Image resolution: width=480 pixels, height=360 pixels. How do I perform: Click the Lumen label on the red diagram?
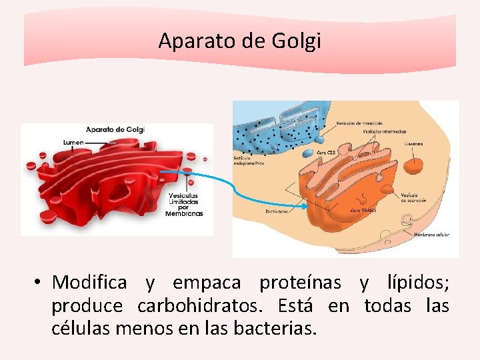[x=73, y=142]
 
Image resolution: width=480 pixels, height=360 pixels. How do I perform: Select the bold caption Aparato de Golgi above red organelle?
[x=115, y=129]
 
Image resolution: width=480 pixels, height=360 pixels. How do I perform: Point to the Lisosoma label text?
[x=413, y=143]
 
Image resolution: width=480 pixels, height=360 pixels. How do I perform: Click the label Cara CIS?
[x=326, y=152]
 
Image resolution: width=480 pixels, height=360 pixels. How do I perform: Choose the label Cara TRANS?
[x=363, y=209]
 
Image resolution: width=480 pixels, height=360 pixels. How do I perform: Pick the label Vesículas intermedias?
[x=385, y=131]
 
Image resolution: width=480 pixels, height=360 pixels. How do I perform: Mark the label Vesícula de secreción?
[x=413, y=197]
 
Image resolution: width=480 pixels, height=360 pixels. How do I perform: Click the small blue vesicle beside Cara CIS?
[x=307, y=153]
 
